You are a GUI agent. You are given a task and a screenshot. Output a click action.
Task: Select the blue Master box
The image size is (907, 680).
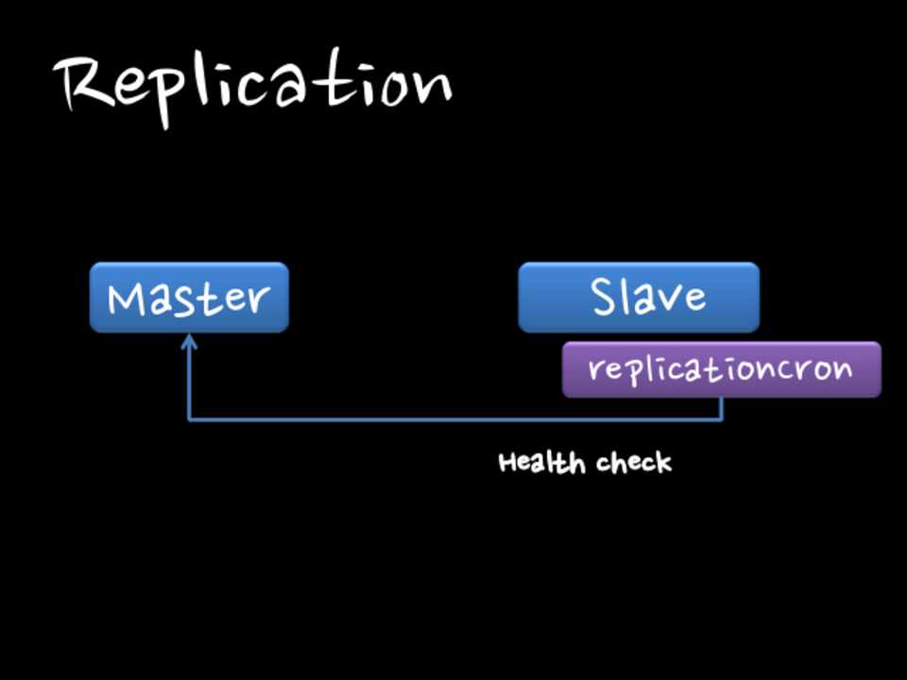189,297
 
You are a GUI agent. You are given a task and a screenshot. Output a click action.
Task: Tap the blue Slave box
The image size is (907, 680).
639,297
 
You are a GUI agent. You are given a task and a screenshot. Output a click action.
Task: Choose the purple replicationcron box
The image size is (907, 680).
721,369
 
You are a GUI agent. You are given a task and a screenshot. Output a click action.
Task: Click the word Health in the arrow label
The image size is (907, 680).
531,463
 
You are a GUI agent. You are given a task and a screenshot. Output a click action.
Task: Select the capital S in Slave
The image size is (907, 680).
606,297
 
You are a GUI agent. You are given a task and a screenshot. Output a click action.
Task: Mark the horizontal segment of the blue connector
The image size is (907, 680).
453,418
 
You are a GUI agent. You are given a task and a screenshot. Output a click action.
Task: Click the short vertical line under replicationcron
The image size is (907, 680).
723,408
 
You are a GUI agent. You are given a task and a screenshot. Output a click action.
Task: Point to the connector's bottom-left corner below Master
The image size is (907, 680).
189,418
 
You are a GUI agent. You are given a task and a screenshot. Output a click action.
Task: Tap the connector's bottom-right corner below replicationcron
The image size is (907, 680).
723,418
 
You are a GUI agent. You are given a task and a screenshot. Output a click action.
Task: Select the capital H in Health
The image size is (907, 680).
507,463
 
